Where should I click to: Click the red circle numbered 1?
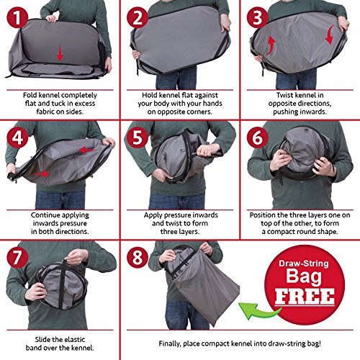coord(17,17)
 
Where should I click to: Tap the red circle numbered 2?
coord(138,17)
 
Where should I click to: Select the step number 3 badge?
coord(257,17)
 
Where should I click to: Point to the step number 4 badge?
coord(17,138)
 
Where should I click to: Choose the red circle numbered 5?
coord(138,138)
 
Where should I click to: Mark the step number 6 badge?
coord(257,138)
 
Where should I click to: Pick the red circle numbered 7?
coord(17,258)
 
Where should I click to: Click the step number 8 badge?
coord(138,258)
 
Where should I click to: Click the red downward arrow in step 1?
coord(60,53)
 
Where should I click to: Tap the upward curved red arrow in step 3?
coord(271,45)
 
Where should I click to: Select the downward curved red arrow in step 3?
coord(330,35)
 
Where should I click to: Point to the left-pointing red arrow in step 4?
coord(86,150)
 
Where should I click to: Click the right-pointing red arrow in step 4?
coord(41,174)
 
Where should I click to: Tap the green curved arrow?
coord(258,311)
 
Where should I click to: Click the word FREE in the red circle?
coord(305,297)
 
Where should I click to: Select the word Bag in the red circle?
coord(304,276)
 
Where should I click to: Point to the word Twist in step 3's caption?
coord(284,95)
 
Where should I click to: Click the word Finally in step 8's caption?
coord(169,343)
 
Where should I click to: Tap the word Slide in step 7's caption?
coord(42,340)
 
